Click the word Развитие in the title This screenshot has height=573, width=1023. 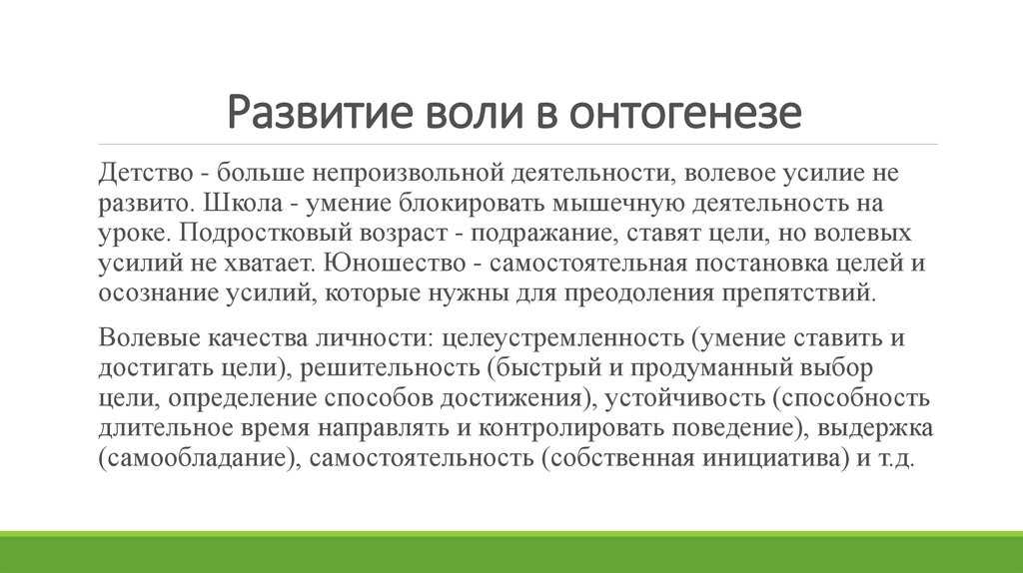coord(320,112)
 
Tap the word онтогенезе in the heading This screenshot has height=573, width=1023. coord(685,112)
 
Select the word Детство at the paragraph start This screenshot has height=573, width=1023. coord(146,174)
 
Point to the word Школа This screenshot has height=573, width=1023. coord(243,204)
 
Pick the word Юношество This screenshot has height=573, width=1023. coord(395,264)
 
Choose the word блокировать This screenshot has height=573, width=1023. coord(472,204)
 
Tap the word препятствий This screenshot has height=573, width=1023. coord(798,293)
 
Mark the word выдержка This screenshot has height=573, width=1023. coord(875,429)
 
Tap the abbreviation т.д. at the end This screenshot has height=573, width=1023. coord(896,459)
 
